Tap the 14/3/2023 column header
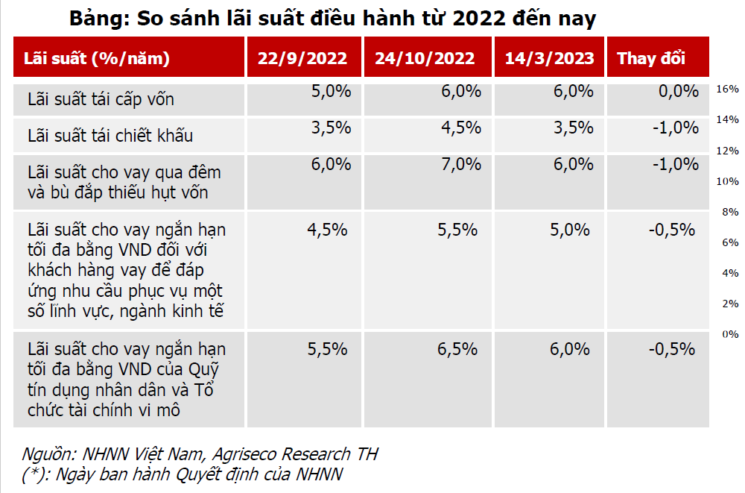click(x=550, y=58)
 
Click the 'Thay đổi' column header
click(x=651, y=58)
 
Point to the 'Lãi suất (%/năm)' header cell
click(x=97, y=58)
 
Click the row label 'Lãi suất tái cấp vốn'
click(x=101, y=98)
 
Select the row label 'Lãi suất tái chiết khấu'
click(x=110, y=135)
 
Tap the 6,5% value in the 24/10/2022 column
click(x=458, y=348)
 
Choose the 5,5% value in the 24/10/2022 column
click(x=458, y=230)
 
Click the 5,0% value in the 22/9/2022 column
click(x=332, y=92)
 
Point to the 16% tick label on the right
click(x=727, y=89)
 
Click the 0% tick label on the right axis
click(x=730, y=334)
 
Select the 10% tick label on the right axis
click(x=727, y=181)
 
